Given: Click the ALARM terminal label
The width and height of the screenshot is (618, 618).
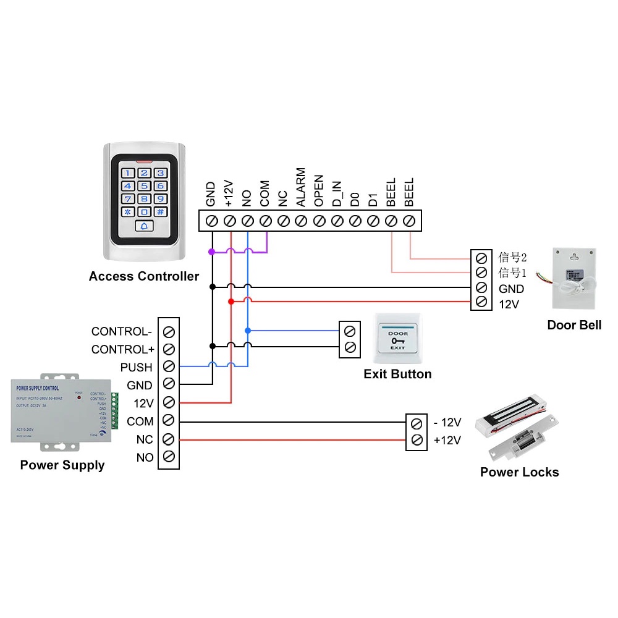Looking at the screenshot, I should point(300,187).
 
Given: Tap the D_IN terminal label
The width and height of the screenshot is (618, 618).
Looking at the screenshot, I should point(337,194).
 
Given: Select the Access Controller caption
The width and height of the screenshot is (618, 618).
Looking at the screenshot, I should point(144,276).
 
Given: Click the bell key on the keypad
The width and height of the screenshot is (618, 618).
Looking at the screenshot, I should point(144,226).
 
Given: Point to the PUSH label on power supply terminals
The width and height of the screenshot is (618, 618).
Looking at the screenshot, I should point(136,367).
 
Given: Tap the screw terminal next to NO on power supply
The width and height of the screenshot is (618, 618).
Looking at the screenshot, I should point(169,458).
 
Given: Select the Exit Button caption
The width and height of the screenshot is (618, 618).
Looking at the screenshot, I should point(397,374).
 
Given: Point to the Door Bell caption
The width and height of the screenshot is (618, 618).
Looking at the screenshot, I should point(574,325).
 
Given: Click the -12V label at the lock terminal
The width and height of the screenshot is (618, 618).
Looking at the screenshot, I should point(447,423).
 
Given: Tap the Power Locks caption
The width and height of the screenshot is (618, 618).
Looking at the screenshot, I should point(519,472).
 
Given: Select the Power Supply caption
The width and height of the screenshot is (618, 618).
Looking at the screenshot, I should point(62,465).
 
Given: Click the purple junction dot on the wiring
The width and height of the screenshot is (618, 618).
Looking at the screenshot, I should point(211,252).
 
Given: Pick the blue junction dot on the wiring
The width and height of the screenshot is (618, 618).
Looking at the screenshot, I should point(248,331).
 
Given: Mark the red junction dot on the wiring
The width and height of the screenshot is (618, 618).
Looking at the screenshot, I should point(231,301).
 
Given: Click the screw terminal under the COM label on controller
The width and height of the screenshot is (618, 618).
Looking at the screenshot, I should point(266,220).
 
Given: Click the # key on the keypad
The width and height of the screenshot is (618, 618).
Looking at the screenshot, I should point(160,211).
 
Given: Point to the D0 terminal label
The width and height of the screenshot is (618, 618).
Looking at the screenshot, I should point(355,199).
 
